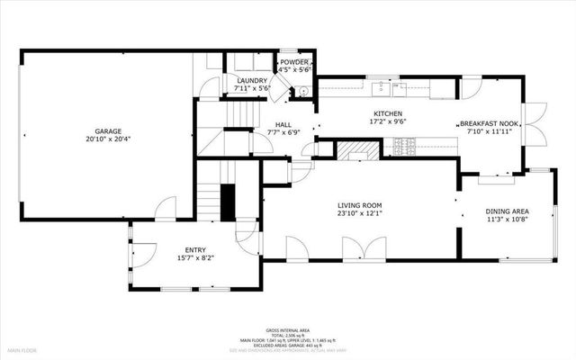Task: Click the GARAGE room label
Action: pyautogui.click(x=108, y=131)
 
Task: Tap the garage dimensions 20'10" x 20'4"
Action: pyautogui.click(x=108, y=139)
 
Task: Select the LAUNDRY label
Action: pyautogui.click(x=251, y=81)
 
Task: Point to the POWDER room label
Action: pyautogui.click(x=293, y=62)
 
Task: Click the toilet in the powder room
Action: pyautogui.click(x=303, y=90)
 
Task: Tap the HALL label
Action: pyautogui.click(x=283, y=125)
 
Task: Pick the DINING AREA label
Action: pyautogui.click(x=507, y=211)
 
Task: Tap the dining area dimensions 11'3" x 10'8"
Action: pyautogui.click(x=507, y=219)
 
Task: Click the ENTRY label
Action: pyautogui.click(x=195, y=250)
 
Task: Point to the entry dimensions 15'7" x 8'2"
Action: pyautogui.click(x=195, y=258)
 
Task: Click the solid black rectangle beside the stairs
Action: pyautogui.click(x=228, y=201)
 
